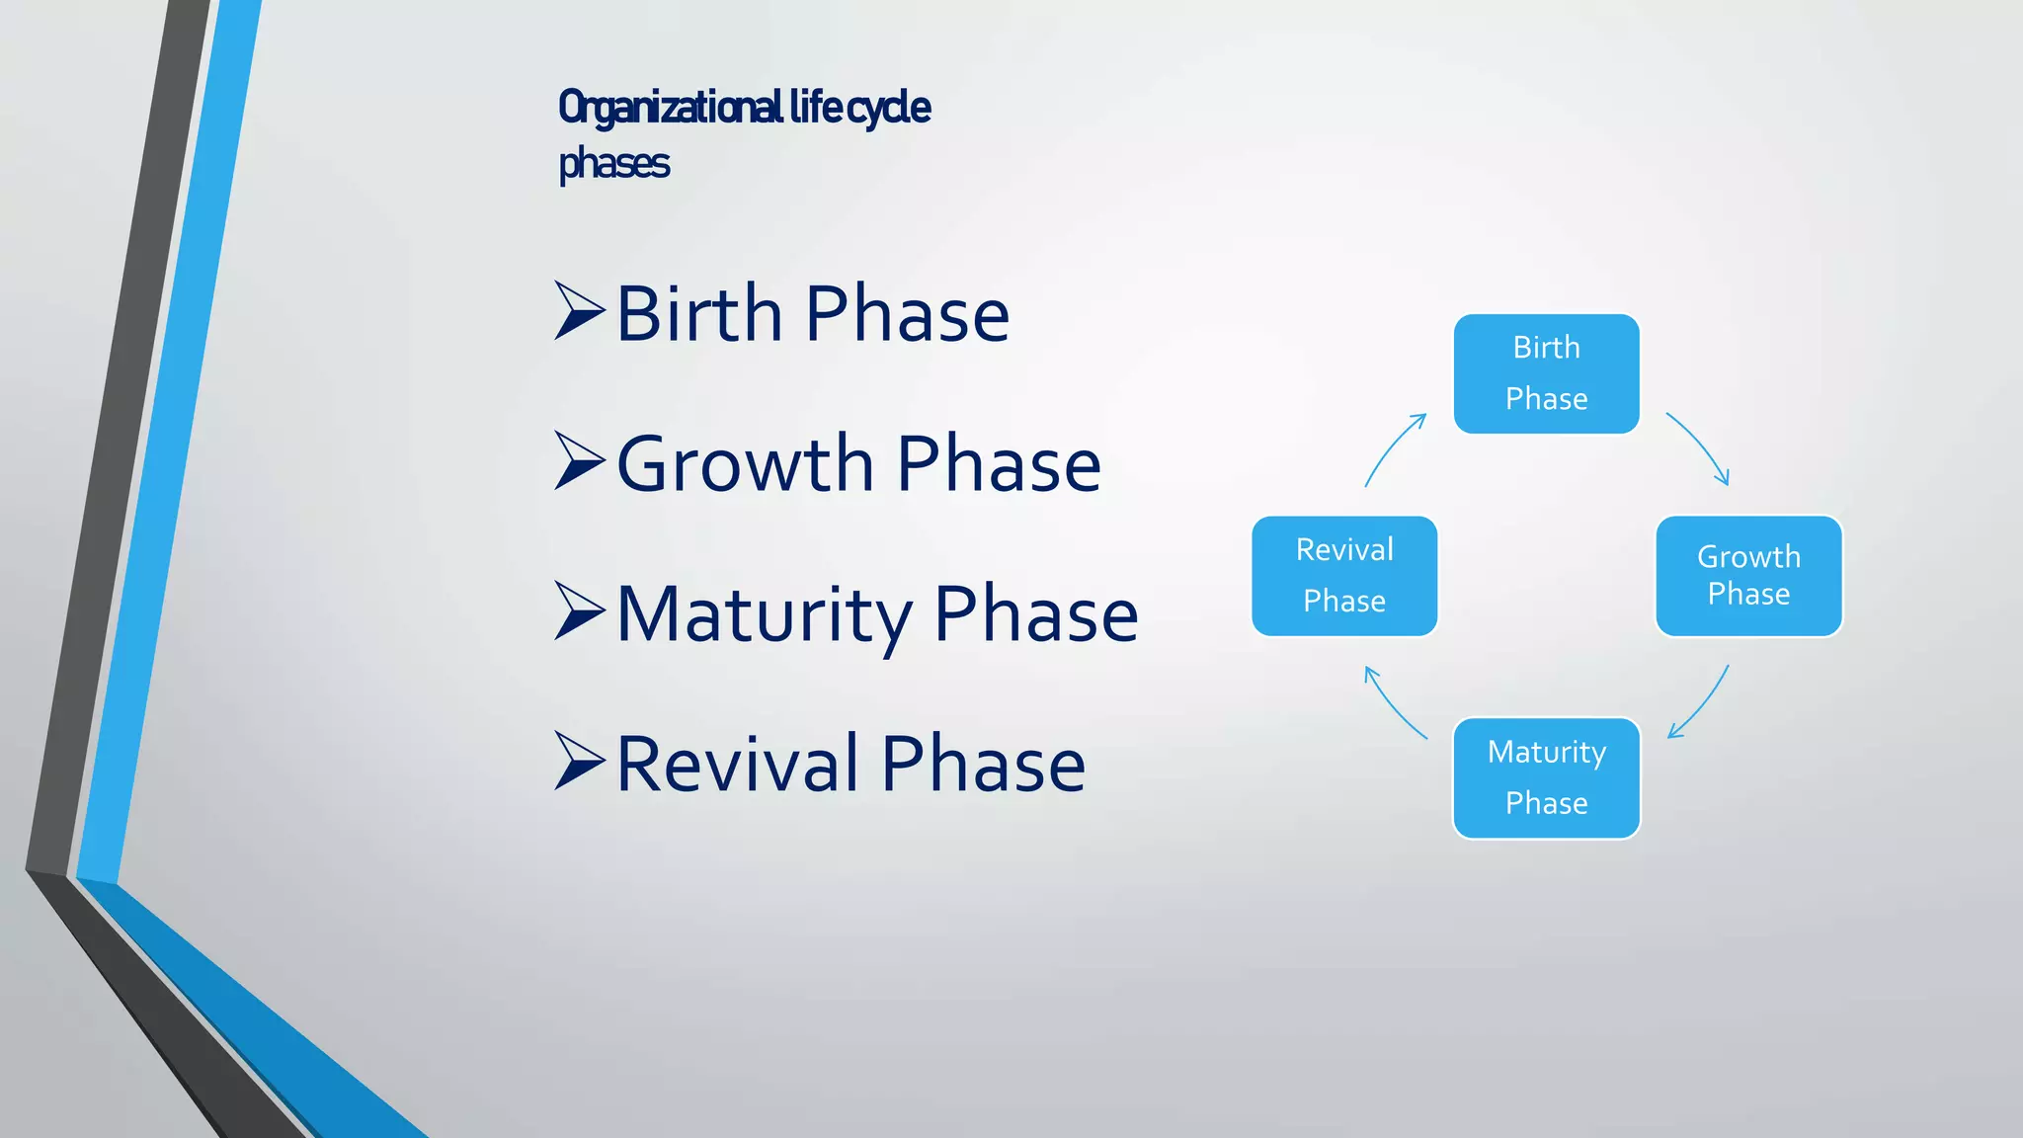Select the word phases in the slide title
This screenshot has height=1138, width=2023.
click(613, 164)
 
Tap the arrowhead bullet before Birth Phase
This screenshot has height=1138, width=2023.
click(579, 311)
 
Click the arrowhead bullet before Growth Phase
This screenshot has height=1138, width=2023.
click(579, 461)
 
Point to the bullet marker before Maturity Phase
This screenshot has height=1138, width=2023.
click(579, 611)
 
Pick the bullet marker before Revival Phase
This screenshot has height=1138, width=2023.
click(579, 762)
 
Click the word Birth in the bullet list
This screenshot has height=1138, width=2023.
click(699, 314)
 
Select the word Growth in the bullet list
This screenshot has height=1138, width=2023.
click(745, 464)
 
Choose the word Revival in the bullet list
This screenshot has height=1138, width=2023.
click(737, 765)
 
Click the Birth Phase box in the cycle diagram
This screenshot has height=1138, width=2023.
click(1546, 373)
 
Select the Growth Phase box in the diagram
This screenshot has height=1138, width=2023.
click(1748, 575)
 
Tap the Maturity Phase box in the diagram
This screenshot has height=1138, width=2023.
click(1546, 778)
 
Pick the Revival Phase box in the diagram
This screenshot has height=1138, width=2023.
click(1343, 575)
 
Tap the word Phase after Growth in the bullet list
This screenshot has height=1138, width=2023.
click(999, 464)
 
